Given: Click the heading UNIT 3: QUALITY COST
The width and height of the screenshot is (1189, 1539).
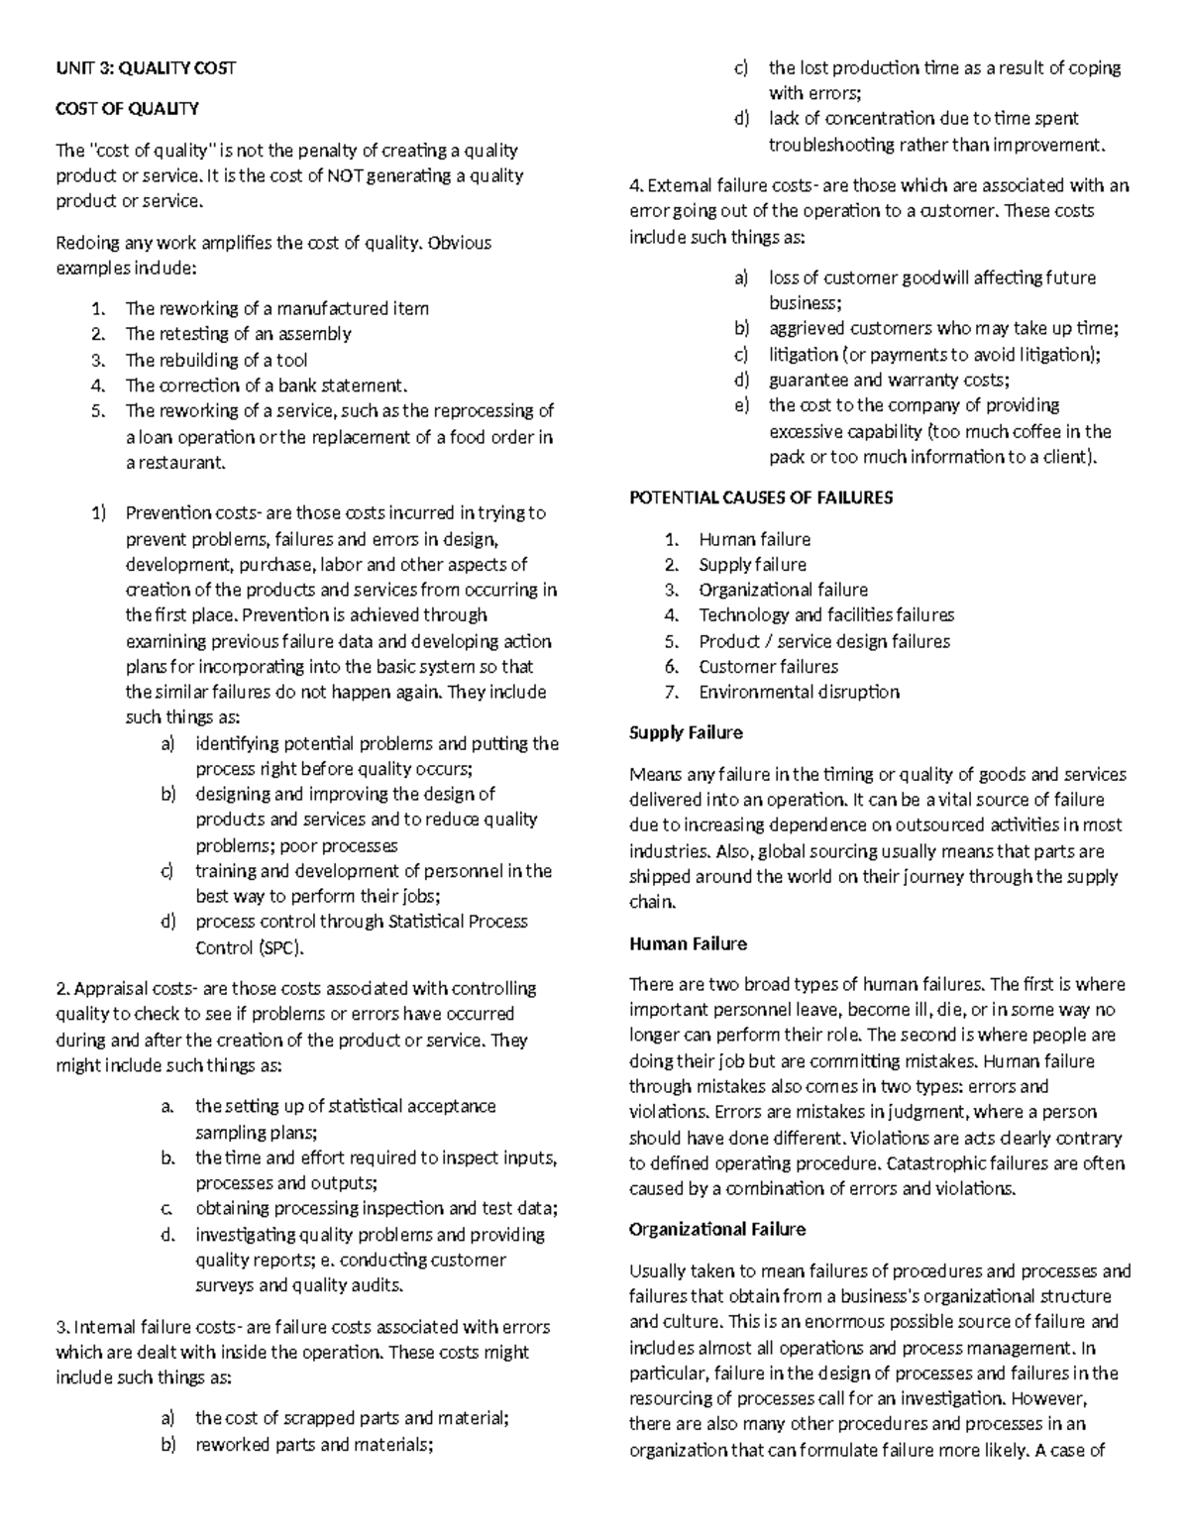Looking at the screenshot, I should [x=146, y=67].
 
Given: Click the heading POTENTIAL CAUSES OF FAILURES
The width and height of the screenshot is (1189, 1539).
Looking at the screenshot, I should [x=761, y=497].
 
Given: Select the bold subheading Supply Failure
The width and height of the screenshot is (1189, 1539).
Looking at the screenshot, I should [x=686, y=732].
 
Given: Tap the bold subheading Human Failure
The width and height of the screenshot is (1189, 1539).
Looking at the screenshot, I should [x=688, y=943].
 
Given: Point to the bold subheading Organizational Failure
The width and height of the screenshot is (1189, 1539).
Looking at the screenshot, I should [x=717, y=1229].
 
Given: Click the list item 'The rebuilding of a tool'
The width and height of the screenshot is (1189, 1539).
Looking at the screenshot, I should [x=216, y=360].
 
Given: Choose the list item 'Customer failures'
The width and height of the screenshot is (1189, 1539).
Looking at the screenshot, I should [x=768, y=667].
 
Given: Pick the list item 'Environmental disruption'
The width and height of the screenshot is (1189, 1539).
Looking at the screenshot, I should [x=799, y=692].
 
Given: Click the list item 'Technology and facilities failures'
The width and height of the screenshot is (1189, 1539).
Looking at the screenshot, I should [x=826, y=614].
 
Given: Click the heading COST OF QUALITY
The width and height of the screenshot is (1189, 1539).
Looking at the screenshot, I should [x=127, y=109].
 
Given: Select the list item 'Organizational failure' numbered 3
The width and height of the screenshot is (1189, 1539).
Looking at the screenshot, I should [x=783, y=590].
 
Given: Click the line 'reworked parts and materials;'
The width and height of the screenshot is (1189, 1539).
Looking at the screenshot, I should [x=314, y=1444].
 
